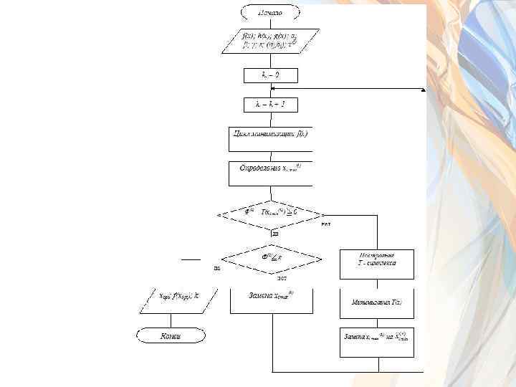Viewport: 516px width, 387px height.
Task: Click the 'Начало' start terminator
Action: (x=270, y=12)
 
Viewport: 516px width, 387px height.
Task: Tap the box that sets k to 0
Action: (x=270, y=75)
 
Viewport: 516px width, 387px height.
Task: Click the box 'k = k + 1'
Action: (x=270, y=105)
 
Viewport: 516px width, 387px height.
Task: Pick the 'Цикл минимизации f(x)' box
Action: (x=270, y=135)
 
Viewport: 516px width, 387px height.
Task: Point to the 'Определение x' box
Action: (x=270, y=169)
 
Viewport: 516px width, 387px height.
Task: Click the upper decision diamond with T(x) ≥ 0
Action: (x=270, y=213)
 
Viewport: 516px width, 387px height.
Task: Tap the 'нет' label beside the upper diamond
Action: (x=326, y=224)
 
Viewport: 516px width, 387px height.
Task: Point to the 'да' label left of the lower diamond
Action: (x=216, y=268)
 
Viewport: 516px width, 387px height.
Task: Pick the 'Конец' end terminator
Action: (x=171, y=335)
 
